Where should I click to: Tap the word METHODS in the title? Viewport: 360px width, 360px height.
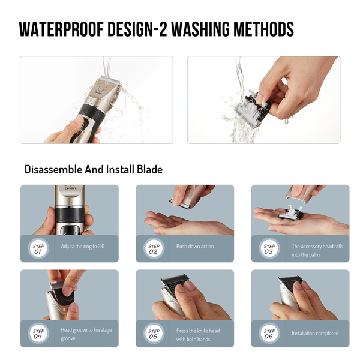click(x=263, y=29)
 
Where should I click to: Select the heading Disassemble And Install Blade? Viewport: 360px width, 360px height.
click(x=94, y=170)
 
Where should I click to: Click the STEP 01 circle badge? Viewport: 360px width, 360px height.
click(x=38, y=248)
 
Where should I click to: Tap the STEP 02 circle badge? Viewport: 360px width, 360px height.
click(x=154, y=248)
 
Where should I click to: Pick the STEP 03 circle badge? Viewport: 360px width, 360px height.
click(x=269, y=248)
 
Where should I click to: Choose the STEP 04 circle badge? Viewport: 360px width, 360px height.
click(x=38, y=334)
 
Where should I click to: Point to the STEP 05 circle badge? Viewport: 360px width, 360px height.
click(x=154, y=334)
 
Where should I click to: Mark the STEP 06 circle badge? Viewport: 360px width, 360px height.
click(x=269, y=334)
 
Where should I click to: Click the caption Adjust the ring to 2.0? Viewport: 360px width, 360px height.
click(x=83, y=247)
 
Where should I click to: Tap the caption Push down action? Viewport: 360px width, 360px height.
click(x=195, y=247)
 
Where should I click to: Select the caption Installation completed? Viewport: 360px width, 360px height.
click(x=315, y=333)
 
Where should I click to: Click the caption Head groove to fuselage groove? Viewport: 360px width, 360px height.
click(x=86, y=334)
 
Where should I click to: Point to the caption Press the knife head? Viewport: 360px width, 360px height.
click(x=198, y=331)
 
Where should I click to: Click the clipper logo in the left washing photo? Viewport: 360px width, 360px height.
click(x=100, y=90)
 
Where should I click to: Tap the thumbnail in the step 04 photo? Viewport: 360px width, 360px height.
click(x=68, y=290)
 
